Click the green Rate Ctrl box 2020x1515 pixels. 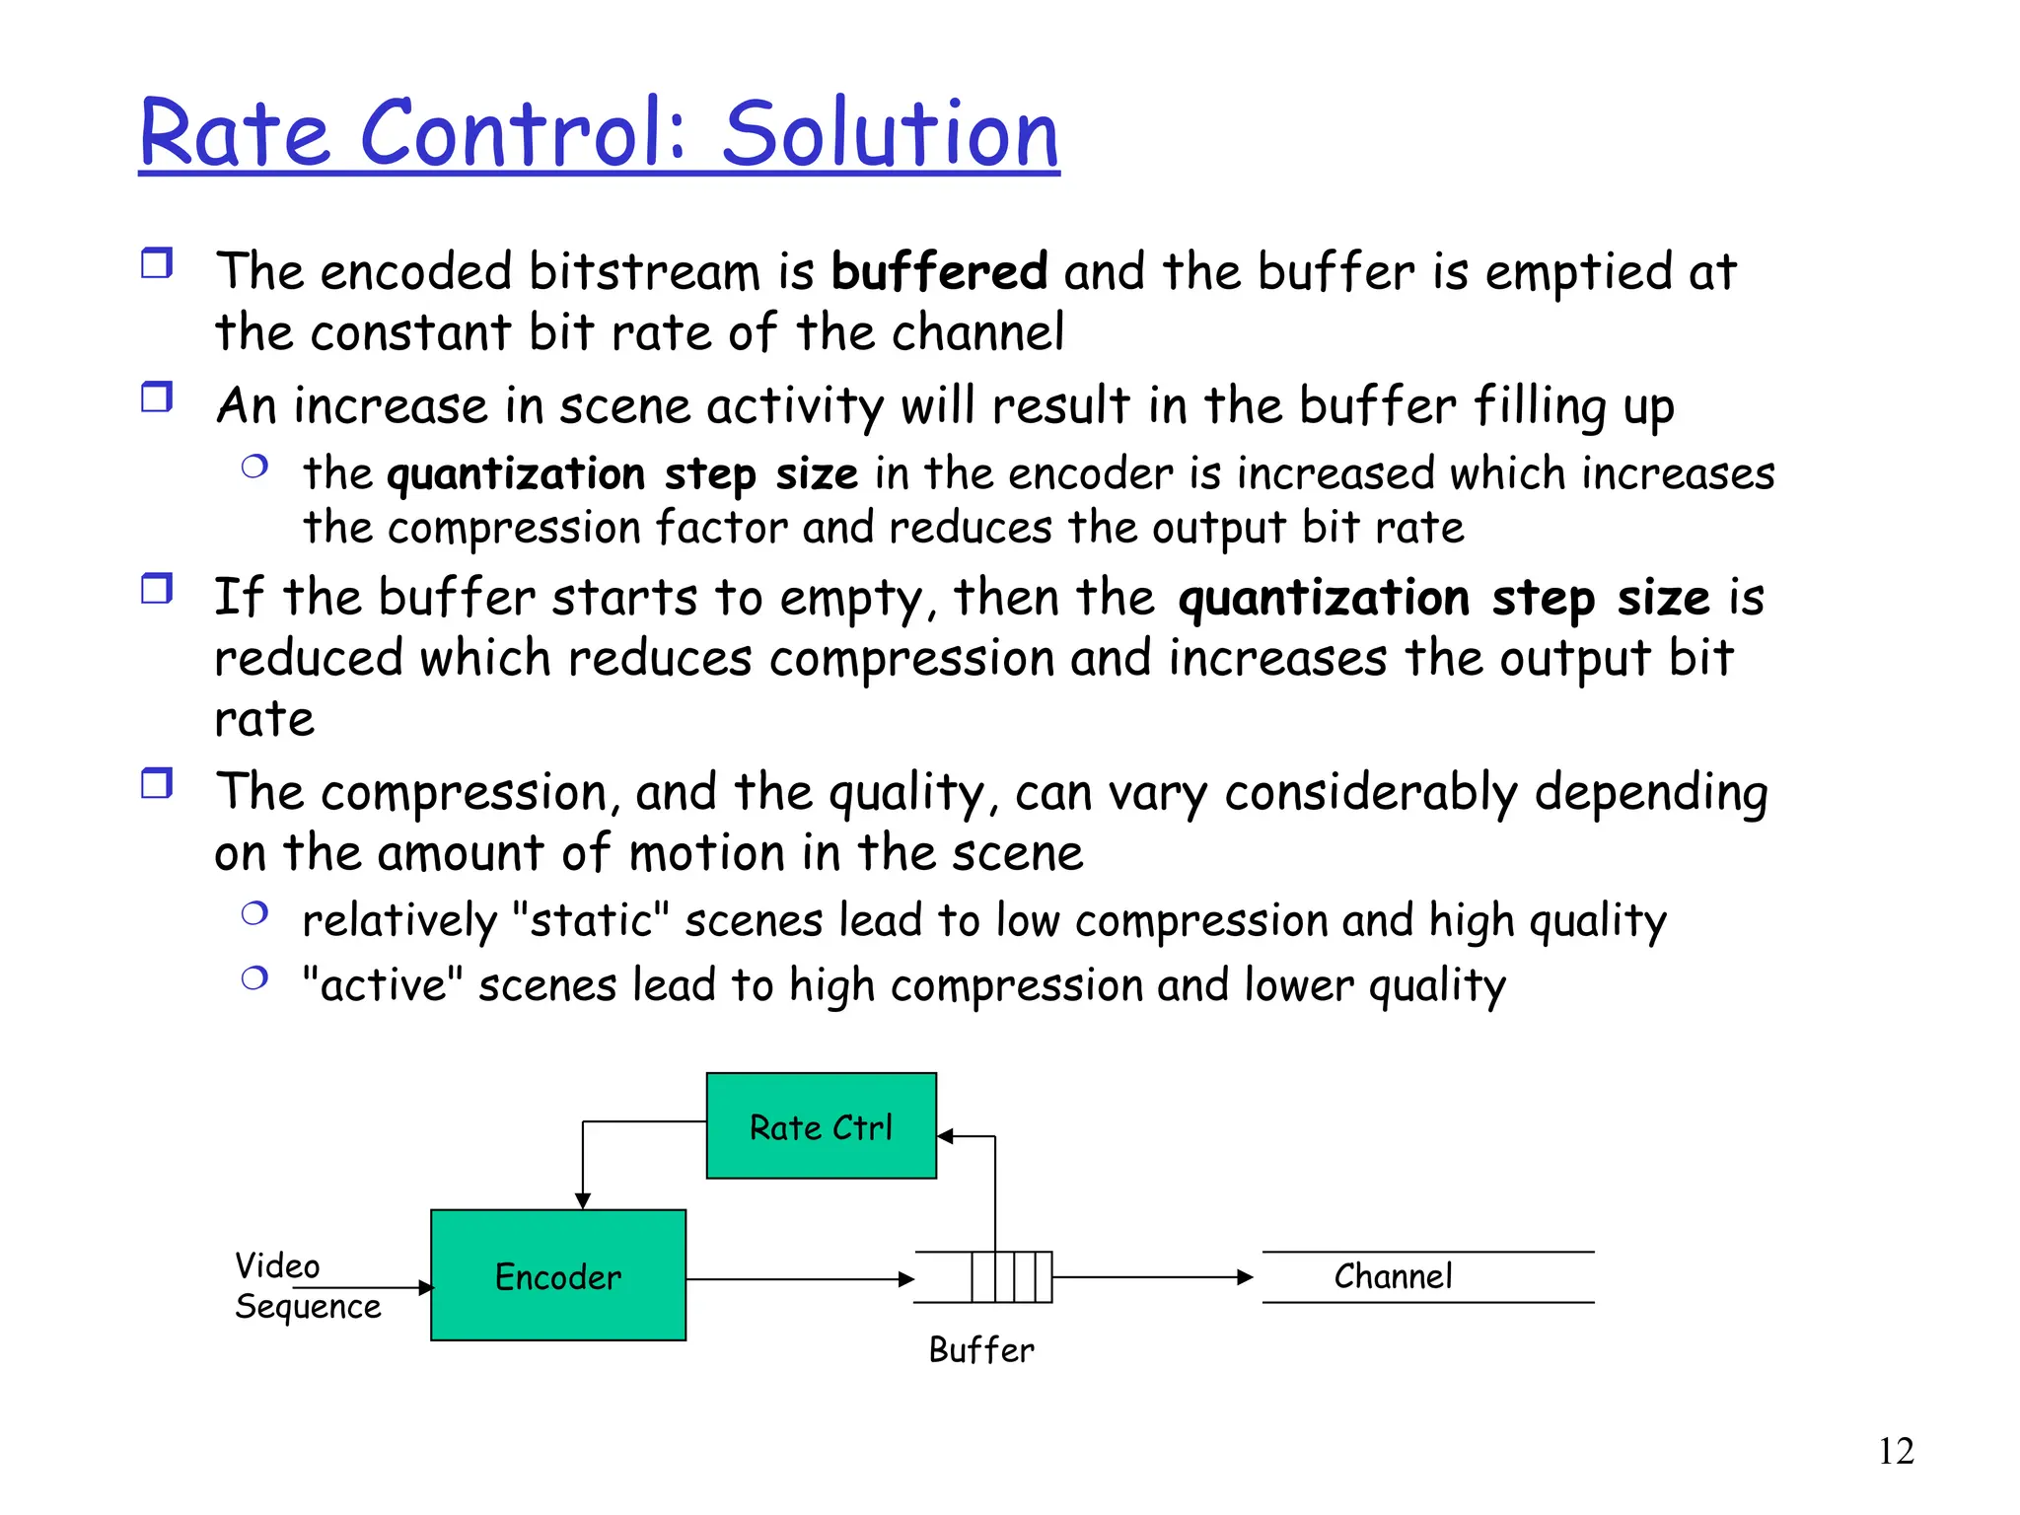click(821, 1125)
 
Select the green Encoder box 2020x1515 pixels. click(558, 1274)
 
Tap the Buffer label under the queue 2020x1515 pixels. click(981, 1349)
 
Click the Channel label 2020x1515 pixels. click(1393, 1276)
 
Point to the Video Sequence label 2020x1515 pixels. click(306, 1286)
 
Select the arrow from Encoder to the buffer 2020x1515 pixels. click(799, 1279)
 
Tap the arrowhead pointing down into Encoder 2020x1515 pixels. click(583, 1200)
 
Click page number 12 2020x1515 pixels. click(1895, 1451)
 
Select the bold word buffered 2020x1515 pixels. click(938, 271)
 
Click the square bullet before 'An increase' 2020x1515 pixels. click(157, 397)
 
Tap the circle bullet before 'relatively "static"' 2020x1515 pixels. click(254, 913)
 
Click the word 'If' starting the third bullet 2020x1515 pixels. click(237, 597)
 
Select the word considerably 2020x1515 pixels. click(1371, 793)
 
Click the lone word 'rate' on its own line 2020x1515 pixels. click(264, 719)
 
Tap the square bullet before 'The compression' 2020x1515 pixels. click(157, 784)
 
